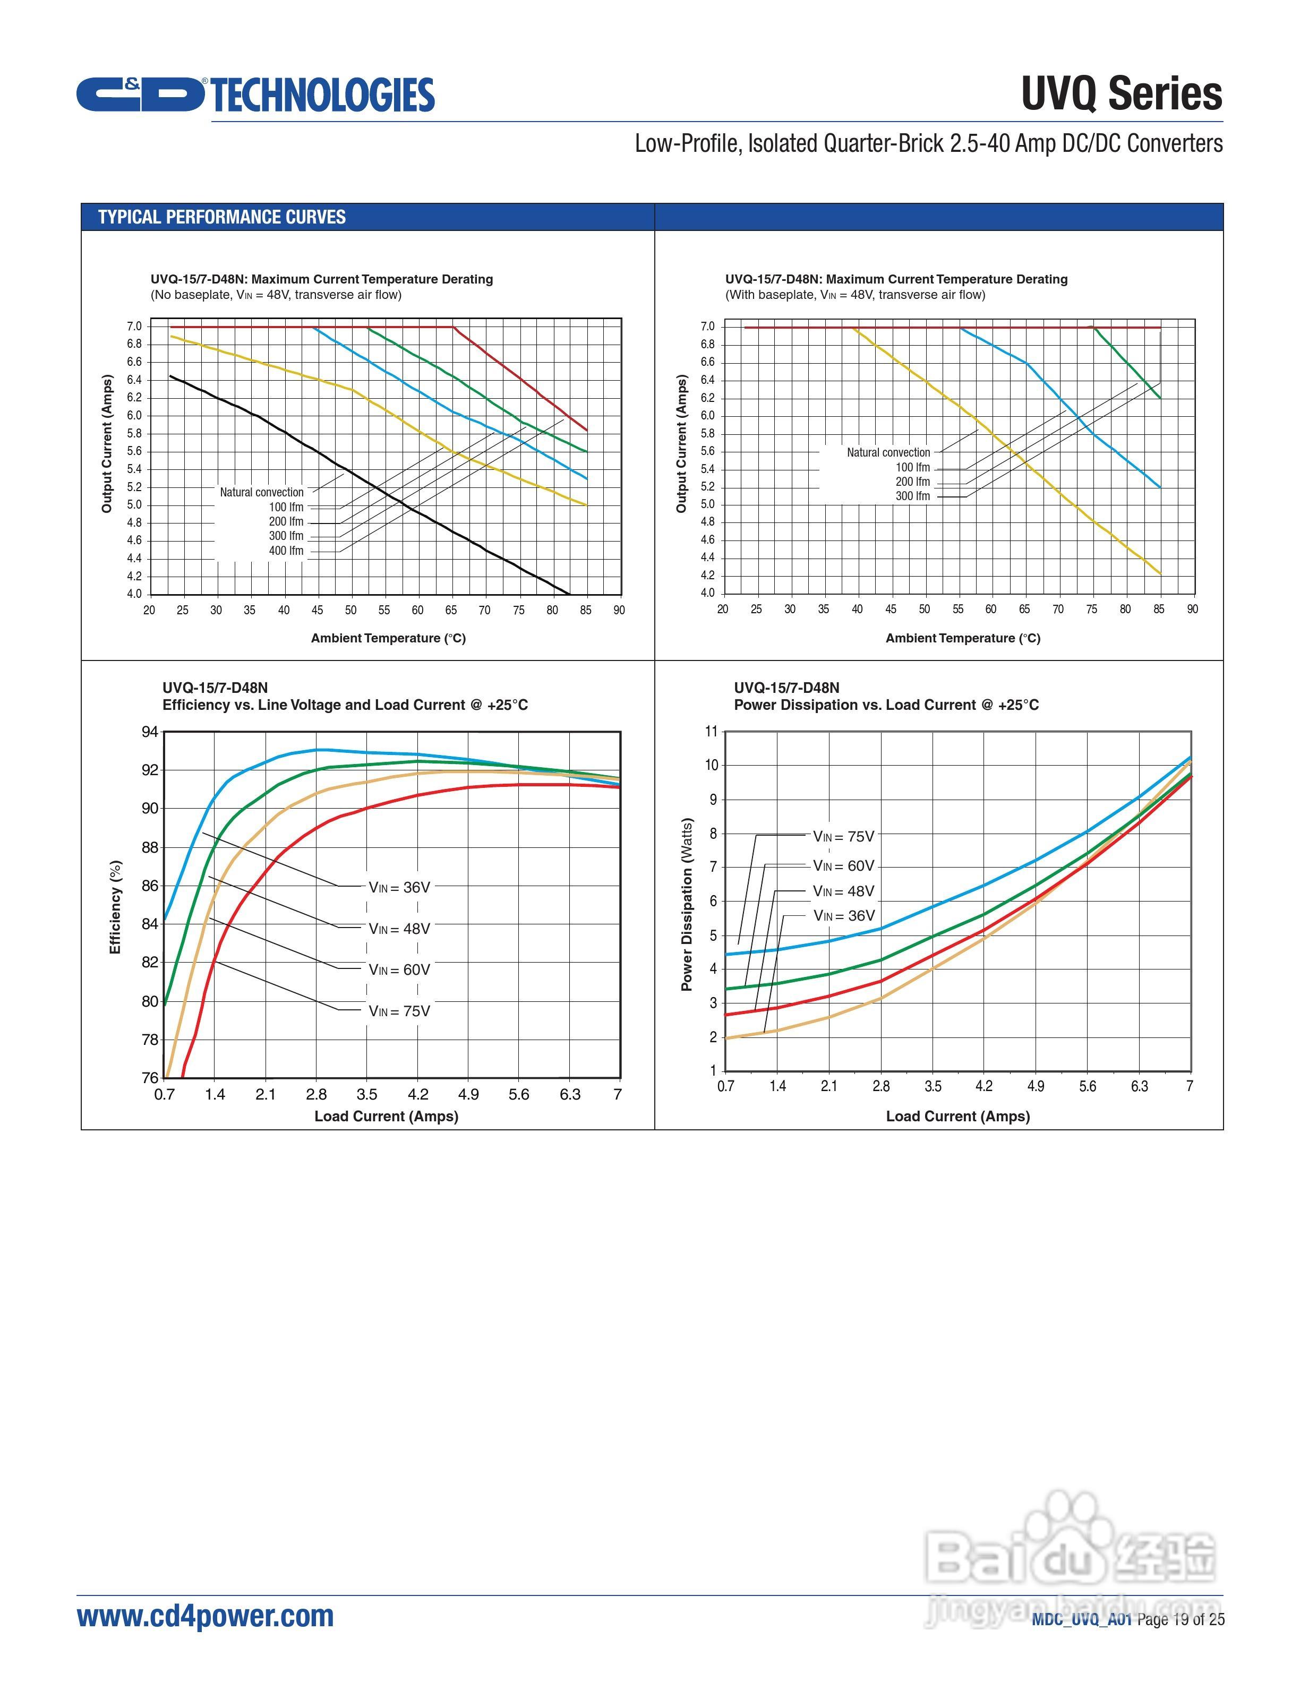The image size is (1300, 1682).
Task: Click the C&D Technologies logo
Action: pyautogui.click(x=255, y=95)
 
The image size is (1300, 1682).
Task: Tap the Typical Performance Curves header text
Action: pyautogui.click(x=222, y=217)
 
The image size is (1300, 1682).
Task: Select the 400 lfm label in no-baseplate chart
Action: pyautogui.click(x=286, y=551)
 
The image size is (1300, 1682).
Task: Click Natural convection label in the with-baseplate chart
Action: pyautogui.click(x=888, y=453)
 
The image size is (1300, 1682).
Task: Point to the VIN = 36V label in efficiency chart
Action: pyautogui.click(x=399, y=887)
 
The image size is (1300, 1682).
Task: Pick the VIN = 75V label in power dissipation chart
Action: pyautogui.click(x=843, y=836)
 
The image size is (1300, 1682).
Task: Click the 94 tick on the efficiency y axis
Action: pyautogui.click(x=149, y=732)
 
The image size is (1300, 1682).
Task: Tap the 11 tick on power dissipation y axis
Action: pyautogui.click(x=711, y=731)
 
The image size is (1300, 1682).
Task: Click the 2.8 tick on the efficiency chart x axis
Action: pyautogui.click(x=316, y=1094)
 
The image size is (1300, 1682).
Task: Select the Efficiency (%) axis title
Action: pyautogui.click(x=116, y=907)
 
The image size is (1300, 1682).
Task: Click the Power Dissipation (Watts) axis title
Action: pyautogui.click(x=687, y=904)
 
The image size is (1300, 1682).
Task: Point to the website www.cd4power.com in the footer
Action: pyautogui.click(x=206, y=1616)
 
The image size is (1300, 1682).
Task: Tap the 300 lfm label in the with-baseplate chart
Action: pyautogui.click(x=913, y=496)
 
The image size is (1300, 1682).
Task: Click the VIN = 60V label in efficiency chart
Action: pyautogui.click(x=399, y=969)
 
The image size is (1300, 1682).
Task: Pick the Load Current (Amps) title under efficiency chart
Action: pyautogui.click(x=386, y=1116)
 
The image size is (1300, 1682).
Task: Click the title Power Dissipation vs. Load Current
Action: pyautogui.click(x=886, y=705)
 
